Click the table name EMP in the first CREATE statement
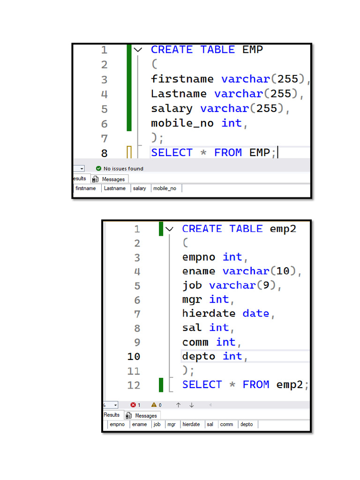(x=253, y=50)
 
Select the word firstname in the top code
(x=182, y=79)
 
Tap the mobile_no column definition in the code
(x=199, y=123)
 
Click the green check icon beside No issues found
(x=98, y=168)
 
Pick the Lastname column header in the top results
(x=115, y=188)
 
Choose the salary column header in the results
(x=139, y=188)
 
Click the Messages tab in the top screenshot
(x=110, y=179)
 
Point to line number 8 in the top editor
(x=105, y=153)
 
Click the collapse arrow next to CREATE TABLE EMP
(x=138, y=50)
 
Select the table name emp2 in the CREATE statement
(x=283, y=229)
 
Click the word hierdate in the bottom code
(x=209, y=314)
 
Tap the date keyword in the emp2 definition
(x=255, y=314)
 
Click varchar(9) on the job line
(x=243, y=285)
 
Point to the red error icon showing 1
(x=133, y=405)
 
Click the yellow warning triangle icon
(x=154, y=405)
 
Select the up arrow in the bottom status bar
(x=178, y=405)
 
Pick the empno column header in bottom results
(x=117, y=424)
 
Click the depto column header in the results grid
(x=247, y=424)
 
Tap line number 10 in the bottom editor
(x=134, y=357)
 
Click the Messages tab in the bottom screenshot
(x=142, y=415)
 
